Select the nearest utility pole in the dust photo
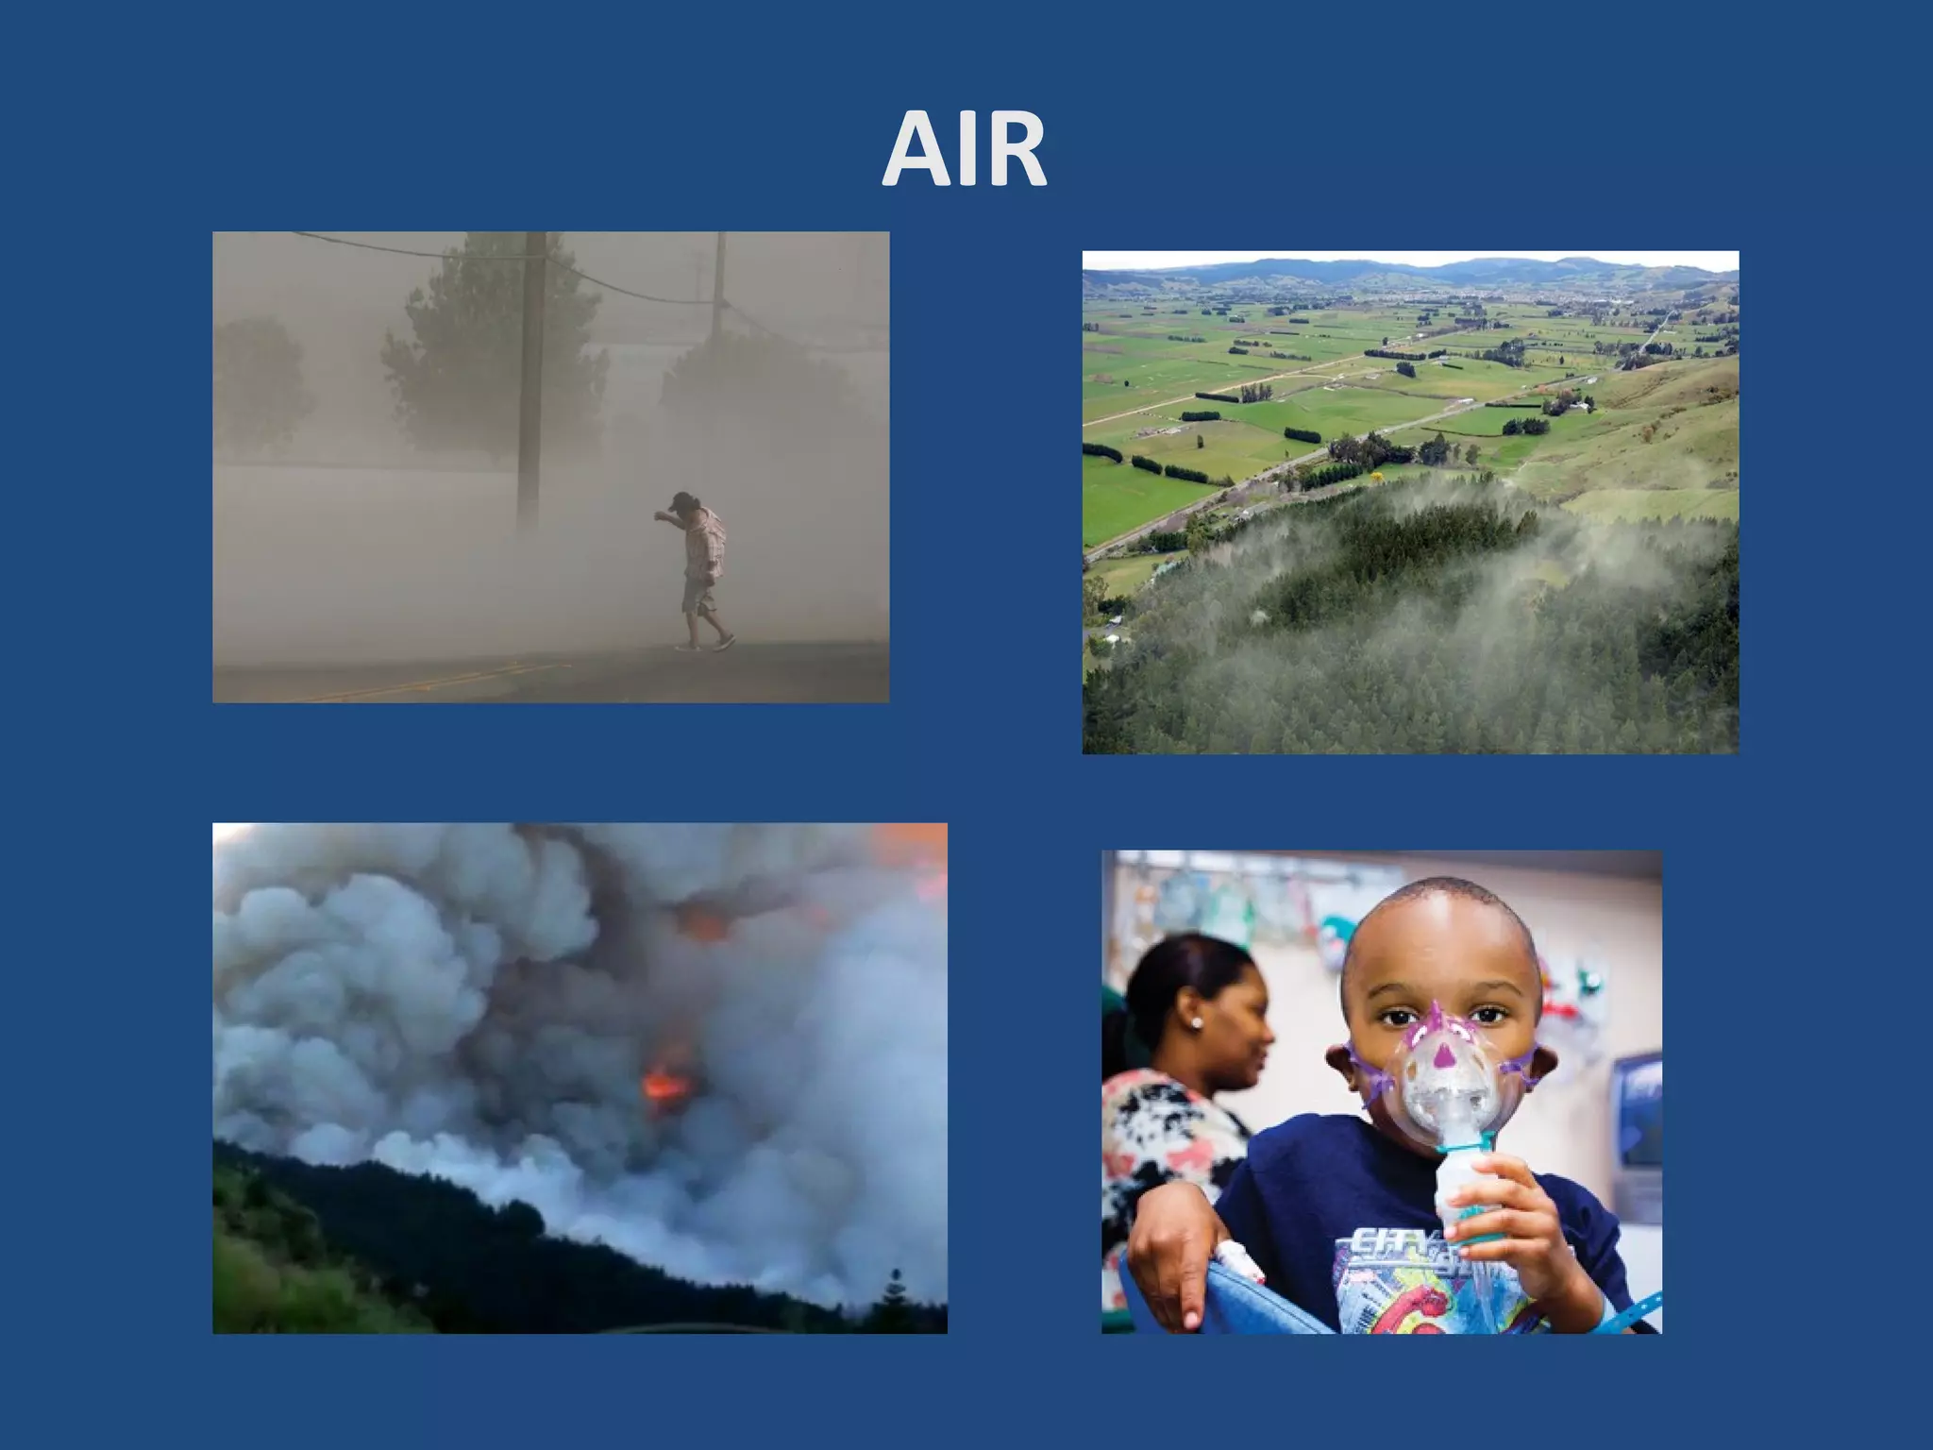click(530, 378)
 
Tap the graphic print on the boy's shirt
click(1406, 1274)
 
